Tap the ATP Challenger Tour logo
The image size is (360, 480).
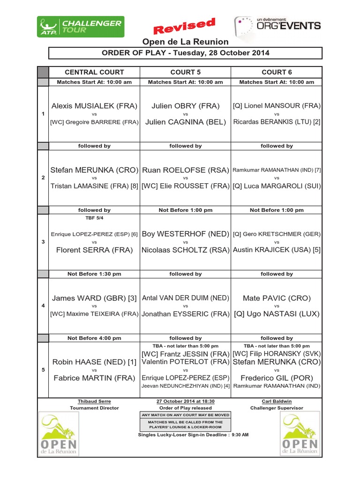[81, 26]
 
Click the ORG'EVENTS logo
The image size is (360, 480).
[277, 26]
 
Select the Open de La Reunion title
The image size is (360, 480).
[185, 42]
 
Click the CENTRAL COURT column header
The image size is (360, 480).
[94, 72]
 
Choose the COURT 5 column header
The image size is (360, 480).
[185, 72]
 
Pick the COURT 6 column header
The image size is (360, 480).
[277, 72]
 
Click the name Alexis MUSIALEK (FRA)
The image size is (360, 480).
[94, 106]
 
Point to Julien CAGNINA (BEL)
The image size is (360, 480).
[185, 122]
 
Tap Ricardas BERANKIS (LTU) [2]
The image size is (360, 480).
[277, 122]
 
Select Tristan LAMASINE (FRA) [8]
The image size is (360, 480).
[94, 186]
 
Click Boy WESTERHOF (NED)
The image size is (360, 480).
[185, 234]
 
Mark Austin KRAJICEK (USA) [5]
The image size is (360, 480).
[277, 250]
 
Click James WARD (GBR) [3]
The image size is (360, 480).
[94, 298]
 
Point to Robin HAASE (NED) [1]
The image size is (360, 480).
[94, 362]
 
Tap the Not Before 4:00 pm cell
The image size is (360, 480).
[94, 338]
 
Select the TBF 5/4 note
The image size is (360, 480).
[94, 218]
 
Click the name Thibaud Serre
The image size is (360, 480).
[94, 401]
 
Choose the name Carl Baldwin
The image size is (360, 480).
[277, 401]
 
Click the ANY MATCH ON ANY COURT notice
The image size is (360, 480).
[185, 415]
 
